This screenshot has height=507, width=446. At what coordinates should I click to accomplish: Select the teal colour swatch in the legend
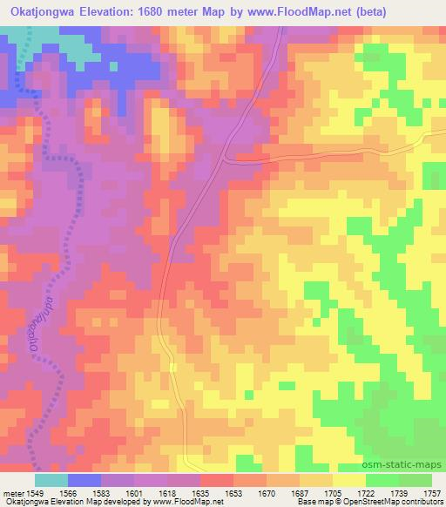point(51,480)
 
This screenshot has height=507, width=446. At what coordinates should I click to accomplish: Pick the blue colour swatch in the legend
point(84,480)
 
